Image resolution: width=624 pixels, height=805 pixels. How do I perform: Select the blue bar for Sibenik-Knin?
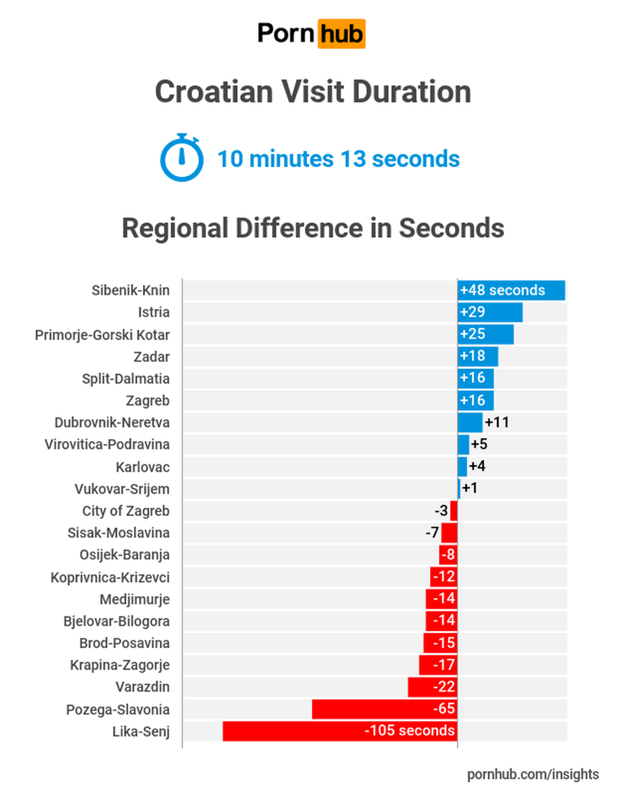tap(511, 290)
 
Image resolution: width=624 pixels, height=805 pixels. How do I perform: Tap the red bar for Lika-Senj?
tap(340, 731)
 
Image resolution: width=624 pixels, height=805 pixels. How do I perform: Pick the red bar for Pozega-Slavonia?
tap(384, 709)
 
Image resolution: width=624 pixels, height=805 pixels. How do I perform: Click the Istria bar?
tap(490, 313)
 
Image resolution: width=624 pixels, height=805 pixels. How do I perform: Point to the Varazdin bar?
tap(433, 686)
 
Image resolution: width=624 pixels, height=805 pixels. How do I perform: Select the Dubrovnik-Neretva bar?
tap(470, 423)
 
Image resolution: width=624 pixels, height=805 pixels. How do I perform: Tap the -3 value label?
tap(441, 510)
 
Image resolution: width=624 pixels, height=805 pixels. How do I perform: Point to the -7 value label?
tap(432, 533)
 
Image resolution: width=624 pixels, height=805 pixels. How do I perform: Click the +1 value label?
tap(470, 488)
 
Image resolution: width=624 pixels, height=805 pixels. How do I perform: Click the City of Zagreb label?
tap(126, 511)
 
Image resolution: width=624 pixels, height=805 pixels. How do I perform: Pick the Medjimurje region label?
tap(135, 600)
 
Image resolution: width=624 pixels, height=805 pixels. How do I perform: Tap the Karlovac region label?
tap(143, 467)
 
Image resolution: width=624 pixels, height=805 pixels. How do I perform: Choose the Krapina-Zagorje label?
tap(120, 665)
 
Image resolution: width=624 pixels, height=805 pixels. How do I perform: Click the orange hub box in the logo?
tap(341, 34)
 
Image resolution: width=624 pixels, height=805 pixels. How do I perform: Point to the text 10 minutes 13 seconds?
tap(339, 158)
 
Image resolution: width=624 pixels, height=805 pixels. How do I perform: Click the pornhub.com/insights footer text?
tap(533, 774)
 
